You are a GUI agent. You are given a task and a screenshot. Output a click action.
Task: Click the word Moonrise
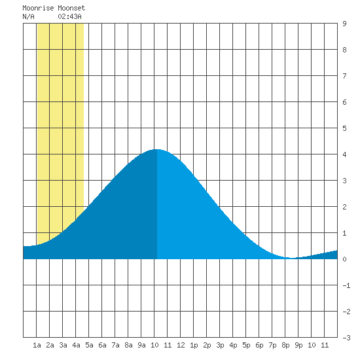(x=38, y=8)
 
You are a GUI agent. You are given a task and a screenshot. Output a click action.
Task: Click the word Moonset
(x=71, y=8)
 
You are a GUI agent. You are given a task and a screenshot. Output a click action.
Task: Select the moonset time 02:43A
(x=69, y=16)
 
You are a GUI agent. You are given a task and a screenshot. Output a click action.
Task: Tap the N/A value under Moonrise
(x=28, y=16)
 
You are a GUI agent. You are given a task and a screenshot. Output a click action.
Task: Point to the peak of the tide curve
(x=157, y=149)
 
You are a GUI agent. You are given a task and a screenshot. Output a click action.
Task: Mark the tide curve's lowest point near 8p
(x=291, y=258)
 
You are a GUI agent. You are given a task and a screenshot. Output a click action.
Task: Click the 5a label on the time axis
(x=89, y=345)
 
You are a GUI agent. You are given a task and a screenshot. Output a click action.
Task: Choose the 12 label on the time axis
(x=181, y=345)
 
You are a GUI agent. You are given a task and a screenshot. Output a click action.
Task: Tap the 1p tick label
(x=194, y=345)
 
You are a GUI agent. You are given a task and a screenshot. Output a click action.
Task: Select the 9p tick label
(x=298, y=345)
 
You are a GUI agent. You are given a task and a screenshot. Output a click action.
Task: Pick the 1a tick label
(x=37, y=345)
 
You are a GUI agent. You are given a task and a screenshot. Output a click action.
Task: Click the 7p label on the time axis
(x=272, y=345)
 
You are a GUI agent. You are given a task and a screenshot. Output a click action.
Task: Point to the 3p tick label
(x=220, y=345)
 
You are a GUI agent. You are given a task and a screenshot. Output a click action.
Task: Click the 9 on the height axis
(x=344, y=24)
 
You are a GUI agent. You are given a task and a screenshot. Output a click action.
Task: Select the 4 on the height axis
(x=344, y=154)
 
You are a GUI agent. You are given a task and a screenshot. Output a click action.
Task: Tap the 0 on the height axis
(x=344, y=259)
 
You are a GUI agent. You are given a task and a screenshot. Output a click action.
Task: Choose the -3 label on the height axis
(x=346, y=338)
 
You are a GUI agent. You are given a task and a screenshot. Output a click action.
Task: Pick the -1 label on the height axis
(x=346, y=285)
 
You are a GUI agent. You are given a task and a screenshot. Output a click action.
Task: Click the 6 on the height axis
(x=344, y=102)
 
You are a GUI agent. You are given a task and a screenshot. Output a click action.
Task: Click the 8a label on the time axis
(x=128, y=345)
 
